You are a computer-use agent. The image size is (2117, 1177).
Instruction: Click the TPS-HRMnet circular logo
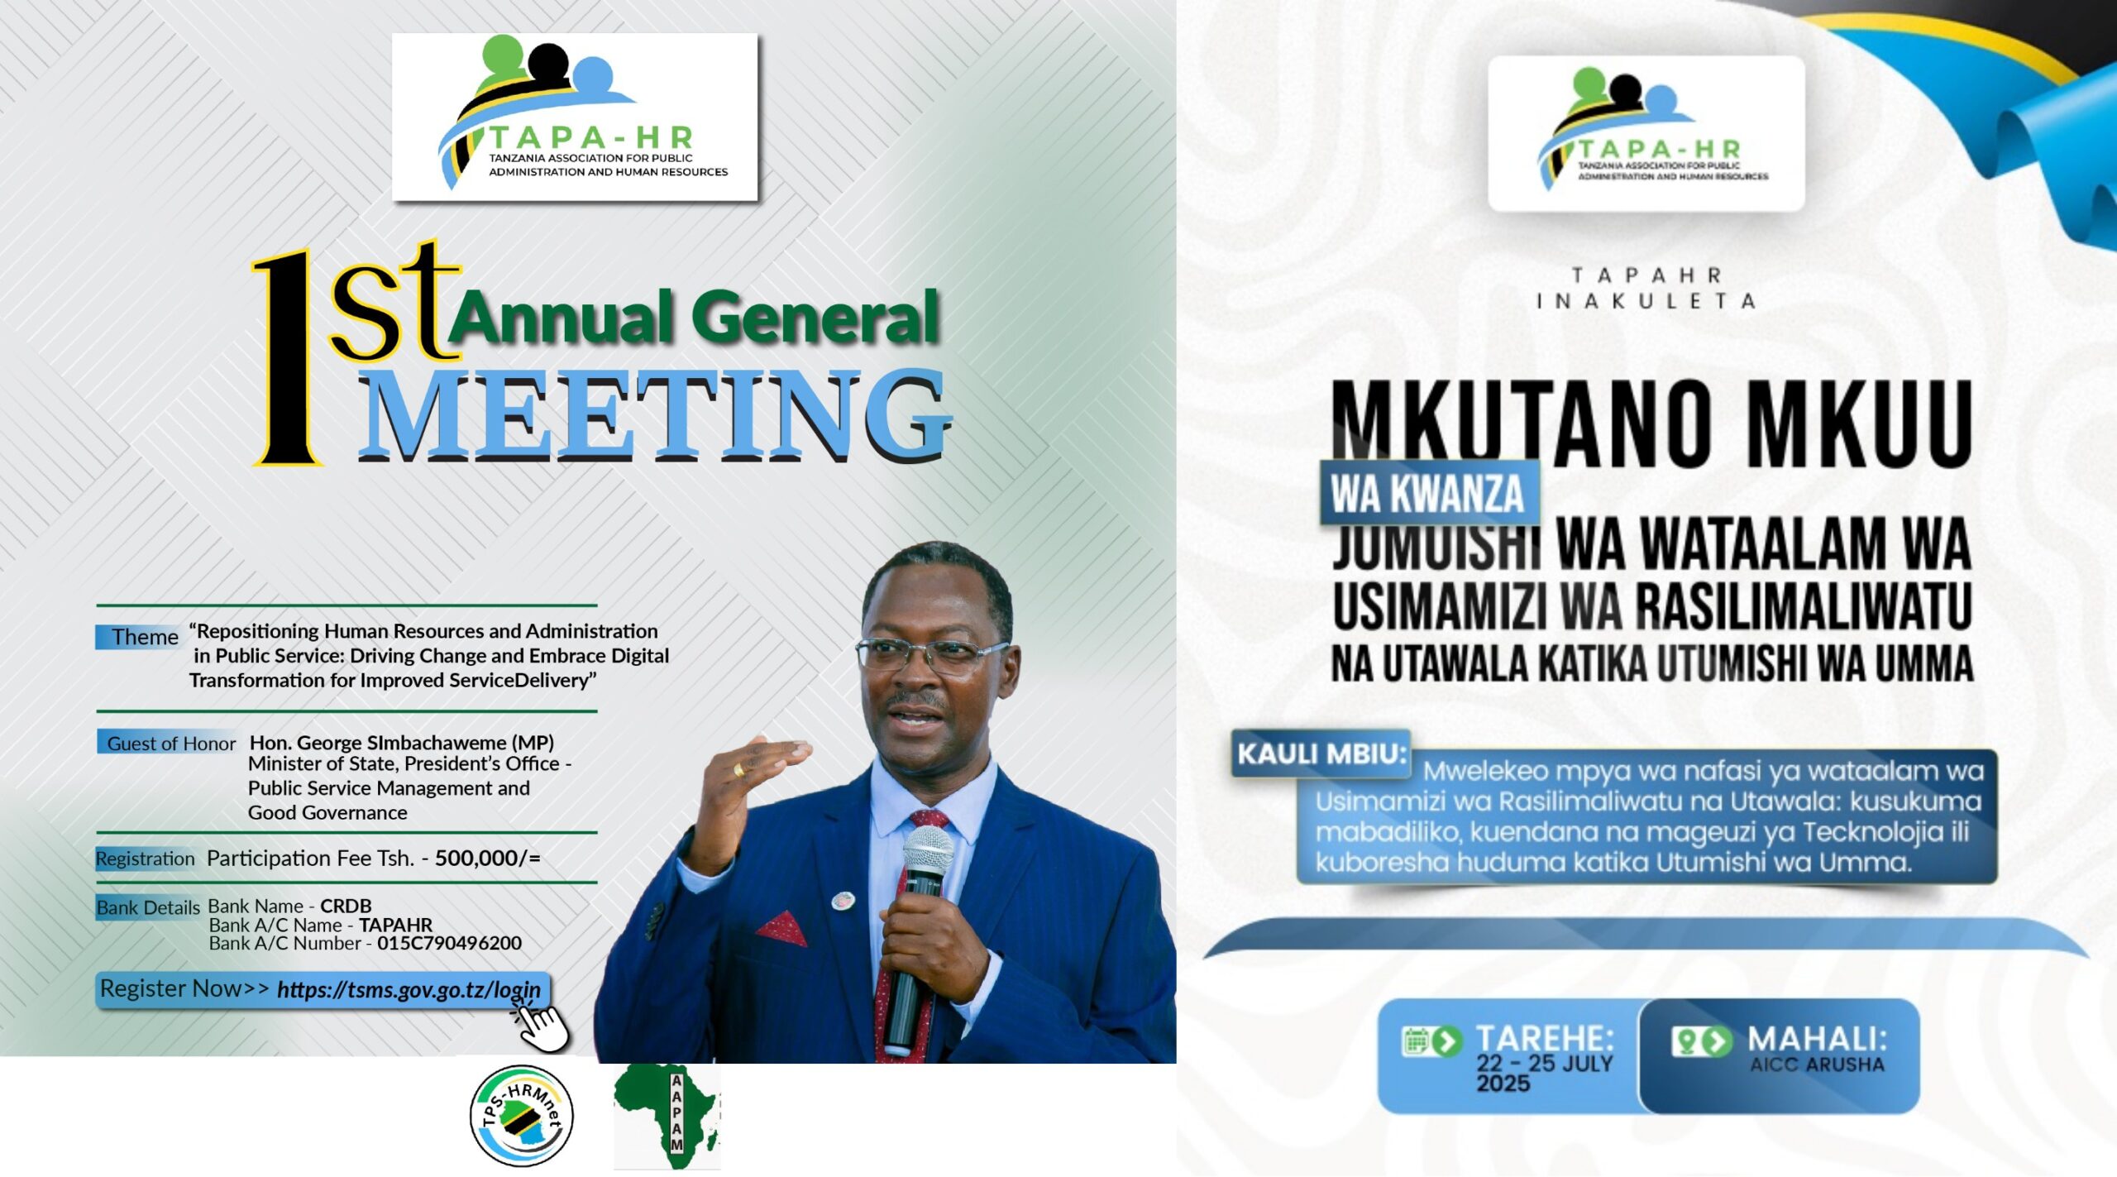pos(521,1116)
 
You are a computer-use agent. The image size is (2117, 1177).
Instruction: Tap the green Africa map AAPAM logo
pos(667,1116)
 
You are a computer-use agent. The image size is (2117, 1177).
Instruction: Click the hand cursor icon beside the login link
pos(541,1024)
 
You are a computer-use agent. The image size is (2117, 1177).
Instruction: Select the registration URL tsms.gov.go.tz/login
pos(409,990)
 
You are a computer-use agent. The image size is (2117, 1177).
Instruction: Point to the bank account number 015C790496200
pos(449,943)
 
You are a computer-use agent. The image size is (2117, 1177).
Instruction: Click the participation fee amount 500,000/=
pos(488,858)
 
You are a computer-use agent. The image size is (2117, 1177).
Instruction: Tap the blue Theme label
pos(138,637)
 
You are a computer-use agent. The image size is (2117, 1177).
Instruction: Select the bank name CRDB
pos(346,906)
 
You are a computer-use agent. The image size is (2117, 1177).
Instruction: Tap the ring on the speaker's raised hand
pos(738,769)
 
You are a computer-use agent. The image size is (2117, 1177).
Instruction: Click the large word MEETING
pos(653,416)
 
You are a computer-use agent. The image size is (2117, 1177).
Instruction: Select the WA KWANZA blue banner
pos(1429,492)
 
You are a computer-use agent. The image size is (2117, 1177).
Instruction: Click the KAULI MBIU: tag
pos(1321,754)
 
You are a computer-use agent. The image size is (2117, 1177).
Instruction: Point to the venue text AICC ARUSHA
pos(1817,1065)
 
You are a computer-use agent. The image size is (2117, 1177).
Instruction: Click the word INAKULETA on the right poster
pos(1646,301)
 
